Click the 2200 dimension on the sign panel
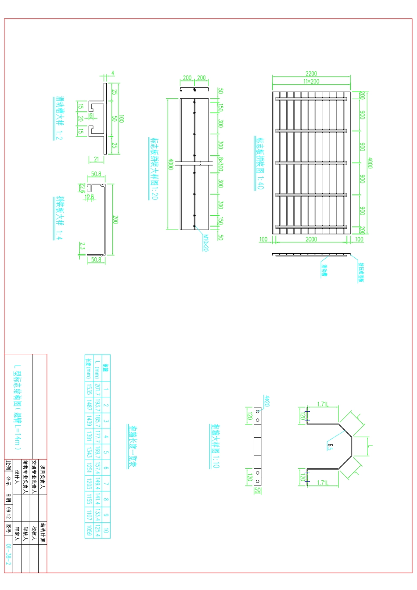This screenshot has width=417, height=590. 311,74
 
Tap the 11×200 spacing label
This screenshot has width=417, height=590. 311,81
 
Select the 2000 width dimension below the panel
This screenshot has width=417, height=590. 311,239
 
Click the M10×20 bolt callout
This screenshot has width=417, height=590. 205,243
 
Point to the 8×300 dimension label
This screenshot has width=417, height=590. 221,164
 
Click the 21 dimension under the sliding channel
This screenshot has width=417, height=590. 97,159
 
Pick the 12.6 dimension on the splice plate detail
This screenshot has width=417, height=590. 90,197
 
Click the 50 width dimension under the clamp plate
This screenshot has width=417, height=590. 257,491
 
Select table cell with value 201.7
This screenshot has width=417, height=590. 97,389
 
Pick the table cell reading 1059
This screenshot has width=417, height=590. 89,530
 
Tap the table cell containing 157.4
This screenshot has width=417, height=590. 97,468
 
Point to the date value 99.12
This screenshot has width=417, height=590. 8,512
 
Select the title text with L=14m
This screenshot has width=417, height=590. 17,408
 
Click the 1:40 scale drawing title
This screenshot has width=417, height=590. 260,163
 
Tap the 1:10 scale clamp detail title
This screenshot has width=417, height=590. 215,446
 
